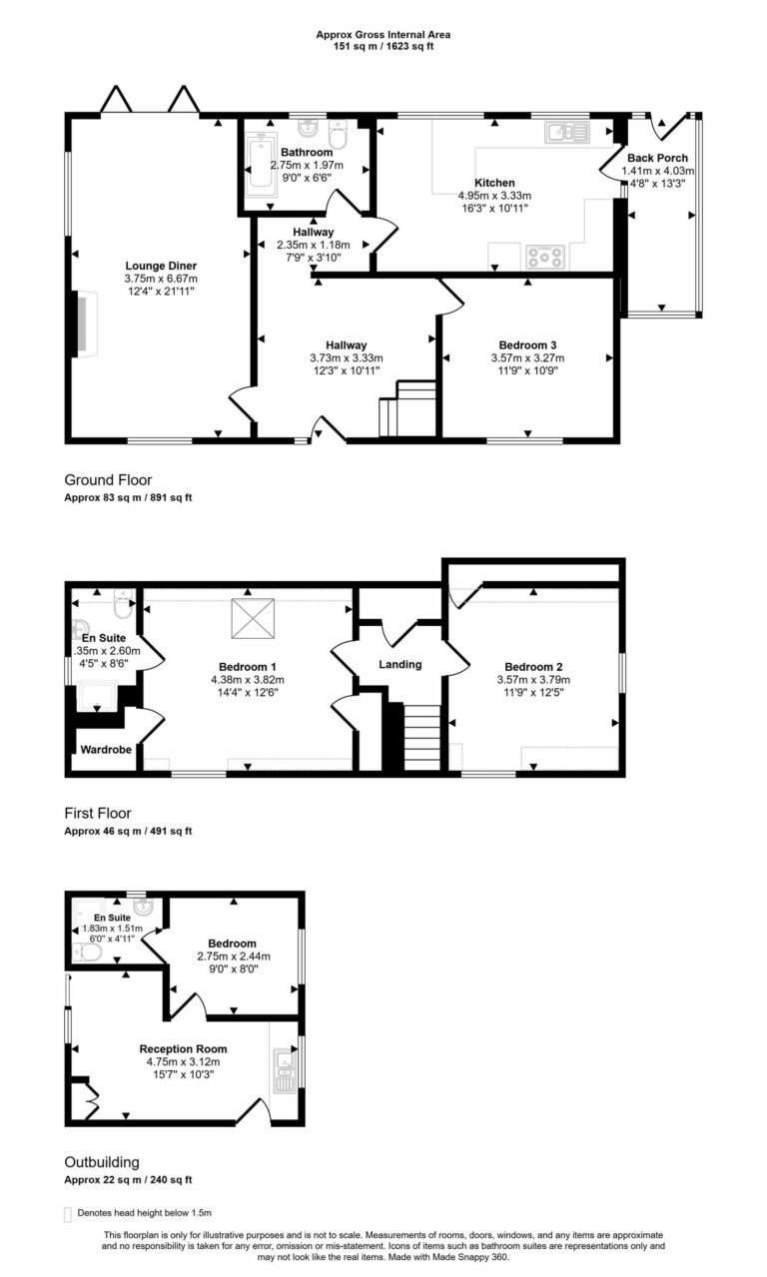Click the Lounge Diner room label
[x=161, y=265]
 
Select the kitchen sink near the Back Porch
[x=565, y=132]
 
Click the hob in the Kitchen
[x=544, y=258]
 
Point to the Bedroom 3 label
[x=526, y=344]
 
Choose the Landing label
[x=400, y=665]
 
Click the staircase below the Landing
[x=420, y=737]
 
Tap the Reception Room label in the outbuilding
[x=183, y=1048]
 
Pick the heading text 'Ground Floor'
[x=108, y=480]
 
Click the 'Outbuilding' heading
[x=102, y=1162]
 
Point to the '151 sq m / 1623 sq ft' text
[x=383, y=46]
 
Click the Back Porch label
[x=657, y=158]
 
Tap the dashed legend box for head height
[x=69, y=1213]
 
